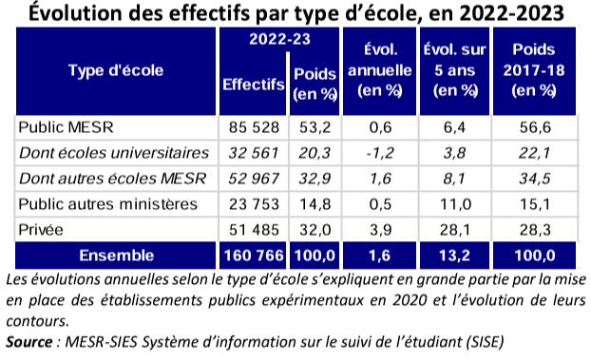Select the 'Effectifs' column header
253,85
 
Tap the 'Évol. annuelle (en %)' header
378,69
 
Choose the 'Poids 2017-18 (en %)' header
533,69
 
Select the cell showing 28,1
452,229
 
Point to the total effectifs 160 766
253,255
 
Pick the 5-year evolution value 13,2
452,255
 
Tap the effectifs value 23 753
253,203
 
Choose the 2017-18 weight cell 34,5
533,178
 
